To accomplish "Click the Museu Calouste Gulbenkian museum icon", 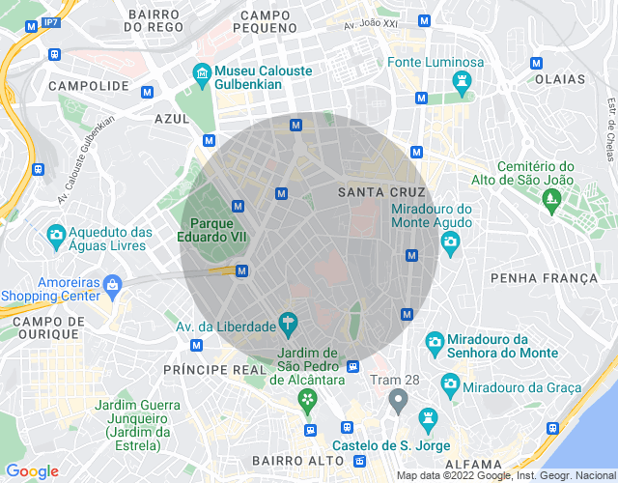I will [202, 71].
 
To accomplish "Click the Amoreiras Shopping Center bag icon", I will [113, 284].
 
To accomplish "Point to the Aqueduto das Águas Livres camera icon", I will [56, 234].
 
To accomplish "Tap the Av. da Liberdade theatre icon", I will [287, 321].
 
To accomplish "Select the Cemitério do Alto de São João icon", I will [552, 201].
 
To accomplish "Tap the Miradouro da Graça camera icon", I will [449, 384].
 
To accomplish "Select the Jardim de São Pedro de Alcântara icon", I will [307, 401].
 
